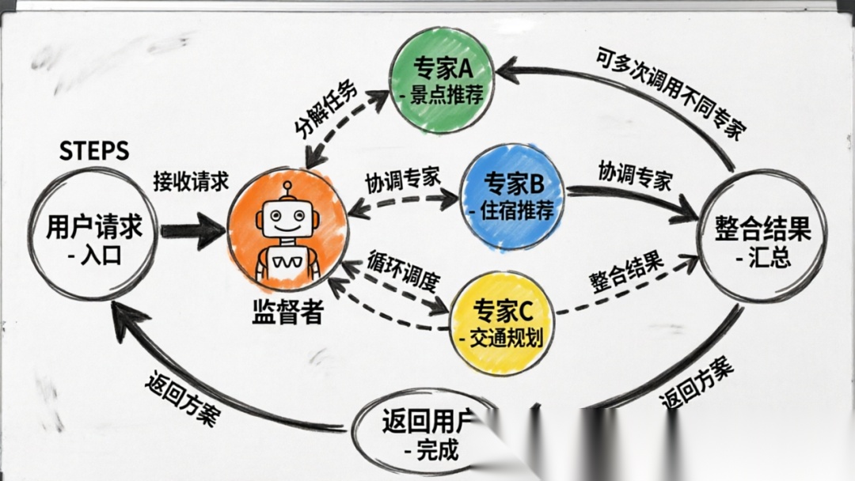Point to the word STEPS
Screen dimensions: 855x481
(94, 152)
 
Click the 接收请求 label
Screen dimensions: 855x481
(191, 180)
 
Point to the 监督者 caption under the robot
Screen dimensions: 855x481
(286, 312)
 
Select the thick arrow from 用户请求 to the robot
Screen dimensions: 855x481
(192, 230)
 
